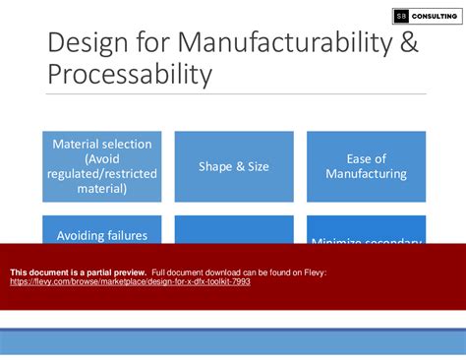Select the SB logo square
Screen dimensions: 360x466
pos(400,16)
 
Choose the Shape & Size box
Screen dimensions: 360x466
pos(233,166)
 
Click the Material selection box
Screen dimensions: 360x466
pos(103,166)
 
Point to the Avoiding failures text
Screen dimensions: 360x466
pos(102,235)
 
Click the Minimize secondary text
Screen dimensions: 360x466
pos(366,241)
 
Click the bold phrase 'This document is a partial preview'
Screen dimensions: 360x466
pos(78,271)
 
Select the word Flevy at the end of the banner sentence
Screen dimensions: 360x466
pos(315,271)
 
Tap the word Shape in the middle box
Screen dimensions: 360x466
pos(216,166)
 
